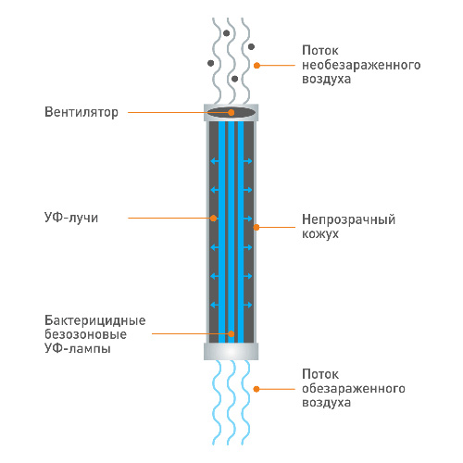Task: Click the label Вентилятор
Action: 81,112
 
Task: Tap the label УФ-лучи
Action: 71,218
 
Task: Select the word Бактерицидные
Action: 95,320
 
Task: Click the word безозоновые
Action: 85,334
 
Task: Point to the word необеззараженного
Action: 361,65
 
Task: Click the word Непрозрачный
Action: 348,219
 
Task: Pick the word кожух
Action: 320,233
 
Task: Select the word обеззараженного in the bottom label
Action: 354,388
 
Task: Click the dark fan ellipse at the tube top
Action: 231,112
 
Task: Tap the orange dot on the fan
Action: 231,113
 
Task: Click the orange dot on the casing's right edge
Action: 257,228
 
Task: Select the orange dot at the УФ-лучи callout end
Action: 213,219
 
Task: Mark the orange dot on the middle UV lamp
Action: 231,333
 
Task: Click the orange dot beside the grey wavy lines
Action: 257,66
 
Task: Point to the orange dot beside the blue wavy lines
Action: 257,389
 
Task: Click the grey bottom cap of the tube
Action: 231,351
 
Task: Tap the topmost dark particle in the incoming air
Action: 227,33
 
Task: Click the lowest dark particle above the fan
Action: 234,79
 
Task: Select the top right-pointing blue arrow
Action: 247,161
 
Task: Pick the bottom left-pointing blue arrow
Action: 215,305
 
